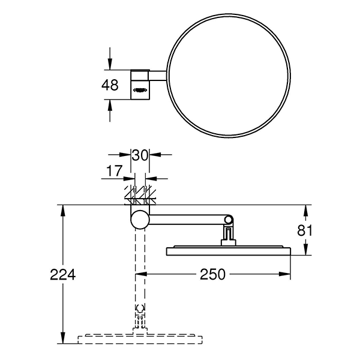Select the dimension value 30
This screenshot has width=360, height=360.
pos(140,155)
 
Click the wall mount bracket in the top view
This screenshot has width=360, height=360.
pos(140,85)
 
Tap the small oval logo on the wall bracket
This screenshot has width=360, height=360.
pos(140,91)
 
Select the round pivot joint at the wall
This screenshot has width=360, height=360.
pos(139,220)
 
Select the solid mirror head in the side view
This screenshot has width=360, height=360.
pos(228,250)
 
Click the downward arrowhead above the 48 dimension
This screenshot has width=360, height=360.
pos(110,65)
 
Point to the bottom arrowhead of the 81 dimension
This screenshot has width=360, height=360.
pos(307,251)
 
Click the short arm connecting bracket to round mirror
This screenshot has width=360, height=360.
pos(158,76)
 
